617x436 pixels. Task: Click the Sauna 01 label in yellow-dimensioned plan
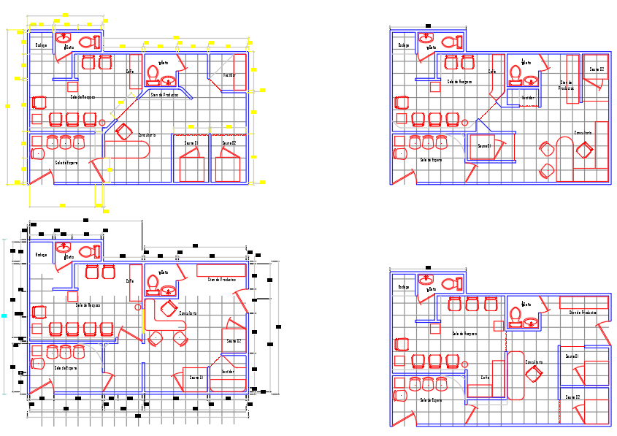[x=191, y=143]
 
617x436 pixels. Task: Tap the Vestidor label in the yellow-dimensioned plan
[x=229, y=75]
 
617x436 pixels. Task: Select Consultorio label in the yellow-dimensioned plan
[x=147, y=135]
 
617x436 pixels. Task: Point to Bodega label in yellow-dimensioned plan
[x=42, y=45]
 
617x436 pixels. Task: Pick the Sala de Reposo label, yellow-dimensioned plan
[x=83, y=96]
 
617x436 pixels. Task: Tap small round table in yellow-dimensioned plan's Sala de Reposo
[x=102, y=123]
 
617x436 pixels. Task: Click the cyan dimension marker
[x=4, y=316]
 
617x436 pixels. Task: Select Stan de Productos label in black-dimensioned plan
[x=221, y=280]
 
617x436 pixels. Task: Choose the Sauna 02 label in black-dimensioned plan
[x=234, y=341]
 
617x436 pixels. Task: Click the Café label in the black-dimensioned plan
[x=130, y=280]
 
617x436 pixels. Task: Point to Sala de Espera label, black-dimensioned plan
[x=65, y=368]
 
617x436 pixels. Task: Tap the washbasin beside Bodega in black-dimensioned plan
[x=64, y=246]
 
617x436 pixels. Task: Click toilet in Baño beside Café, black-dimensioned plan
[x=153, y=282]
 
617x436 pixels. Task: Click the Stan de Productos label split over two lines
[x=567, y=85]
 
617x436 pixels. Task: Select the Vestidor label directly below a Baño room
[x=528, y=97]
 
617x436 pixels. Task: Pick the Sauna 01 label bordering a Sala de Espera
[x=484, y=146]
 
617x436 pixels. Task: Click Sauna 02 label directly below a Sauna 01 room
[x=572, y=397]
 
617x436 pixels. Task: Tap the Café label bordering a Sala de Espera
[x=485, y=378]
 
